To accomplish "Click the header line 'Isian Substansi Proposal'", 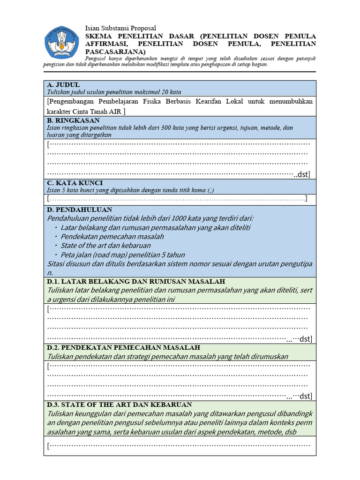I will pos(120,28).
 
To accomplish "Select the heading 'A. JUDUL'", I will pos(64,84).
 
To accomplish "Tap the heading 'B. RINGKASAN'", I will pos(74,120).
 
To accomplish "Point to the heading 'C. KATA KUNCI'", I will pos(75,182).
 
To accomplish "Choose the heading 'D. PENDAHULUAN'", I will pos(80,210).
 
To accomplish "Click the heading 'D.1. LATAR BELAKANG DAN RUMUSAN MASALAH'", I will pos(136,281).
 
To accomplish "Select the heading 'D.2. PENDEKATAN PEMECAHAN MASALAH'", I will pos(124,347).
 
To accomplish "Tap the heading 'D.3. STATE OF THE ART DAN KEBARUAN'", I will pos(120,405).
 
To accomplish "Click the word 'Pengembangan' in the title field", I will pos(72,101).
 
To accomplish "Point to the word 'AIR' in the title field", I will pos(115,112).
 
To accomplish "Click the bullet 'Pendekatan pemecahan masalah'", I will pos(112,237).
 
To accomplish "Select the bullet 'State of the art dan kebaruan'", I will pos(105,246).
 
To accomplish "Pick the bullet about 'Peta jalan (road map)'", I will pos(122,255).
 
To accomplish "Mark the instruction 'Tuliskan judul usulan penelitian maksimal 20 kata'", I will pos(114,92).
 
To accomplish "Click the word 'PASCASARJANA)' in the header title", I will pos(115,52).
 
